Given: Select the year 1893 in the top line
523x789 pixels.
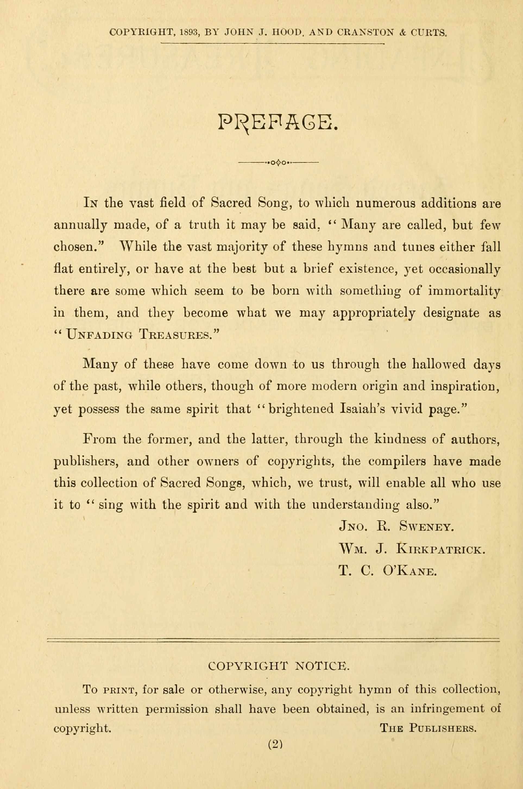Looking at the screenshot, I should pyautogui.click(x=189, y=32).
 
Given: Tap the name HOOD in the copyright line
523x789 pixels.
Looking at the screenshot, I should pyautogui.click(x=288, y=32).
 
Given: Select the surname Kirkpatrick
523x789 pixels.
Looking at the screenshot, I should pyautogui.click(x=440, y=549).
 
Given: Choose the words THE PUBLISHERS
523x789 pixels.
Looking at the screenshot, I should pyautogui.click(x=428, y=728).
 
